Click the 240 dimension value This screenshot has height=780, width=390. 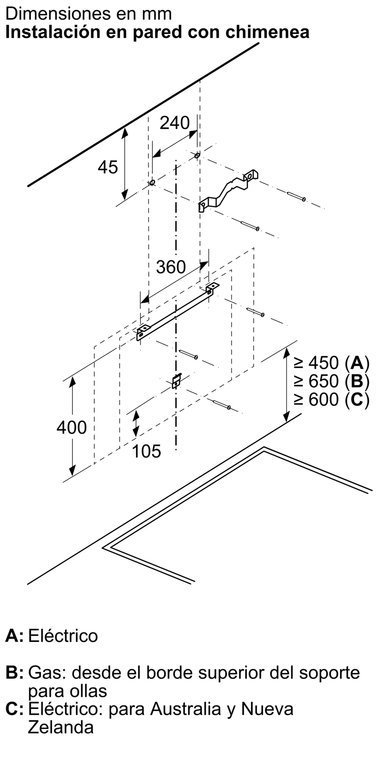(175, 123)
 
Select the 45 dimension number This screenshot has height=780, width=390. (108, 167)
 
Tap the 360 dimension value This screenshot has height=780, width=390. (171, 267)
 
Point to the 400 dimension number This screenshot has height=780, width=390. (71, 427)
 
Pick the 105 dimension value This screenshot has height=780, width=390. (146, 451)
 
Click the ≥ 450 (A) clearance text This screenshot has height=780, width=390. (331, 363)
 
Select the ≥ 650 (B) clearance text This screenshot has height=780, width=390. (331, 381)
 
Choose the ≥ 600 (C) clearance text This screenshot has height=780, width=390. (331, 399)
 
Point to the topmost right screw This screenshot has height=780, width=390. (296, 196)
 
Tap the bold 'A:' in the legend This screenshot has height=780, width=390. (14, 636)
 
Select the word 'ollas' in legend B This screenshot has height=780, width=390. (89, 691)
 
